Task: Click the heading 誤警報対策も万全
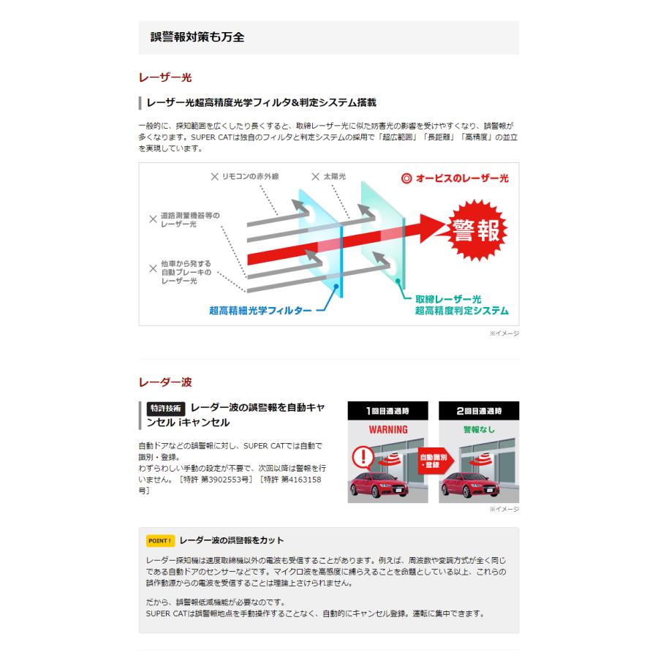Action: [197, 37]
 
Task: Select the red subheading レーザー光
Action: [165, 77]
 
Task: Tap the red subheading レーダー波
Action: [165, 382]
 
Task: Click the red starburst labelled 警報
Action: [476, 229]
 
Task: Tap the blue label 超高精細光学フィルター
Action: [260, 310]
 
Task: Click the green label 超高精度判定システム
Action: [461, 311]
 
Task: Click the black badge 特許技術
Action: [165, 409]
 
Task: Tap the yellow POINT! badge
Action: [160, 541]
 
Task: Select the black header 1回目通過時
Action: [387, 411]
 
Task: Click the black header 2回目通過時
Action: [479, 411]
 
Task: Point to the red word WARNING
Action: [387, 429]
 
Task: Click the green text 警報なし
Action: [479, 429]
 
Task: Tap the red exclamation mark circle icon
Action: [363, 458]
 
